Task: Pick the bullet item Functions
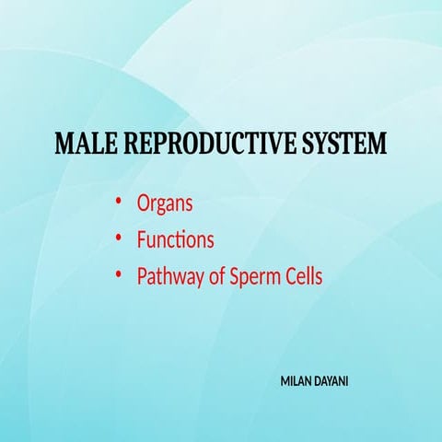click(x=176, y=240)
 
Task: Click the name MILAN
click(x=298, y=379)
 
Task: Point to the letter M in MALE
click(x=65, y=145)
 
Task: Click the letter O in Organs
click(x=144, y=204)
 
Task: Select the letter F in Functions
click(x=142, y=240)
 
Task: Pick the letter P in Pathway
click(x=142, y=276)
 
